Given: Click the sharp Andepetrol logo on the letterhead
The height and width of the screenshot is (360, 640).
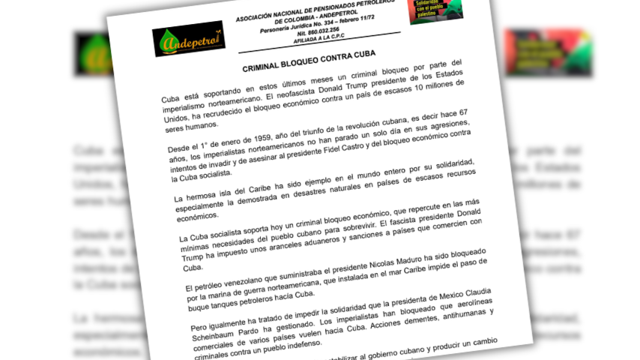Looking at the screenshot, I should [188, 39].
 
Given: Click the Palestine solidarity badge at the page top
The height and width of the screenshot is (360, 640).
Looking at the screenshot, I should [435, 10].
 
